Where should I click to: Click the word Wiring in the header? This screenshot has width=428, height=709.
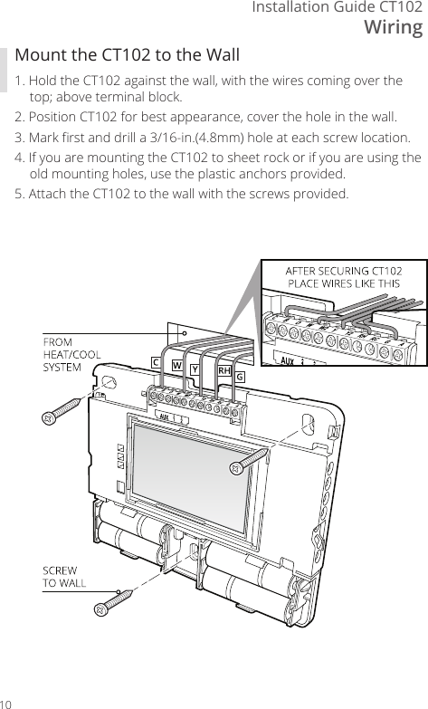click(x=393, y=28)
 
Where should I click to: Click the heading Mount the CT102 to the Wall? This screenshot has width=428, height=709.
click(x=128, y=55)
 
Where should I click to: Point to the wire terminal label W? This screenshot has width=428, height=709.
click(x=176, y=367)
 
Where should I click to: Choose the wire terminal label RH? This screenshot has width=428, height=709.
click(x=224, y=370)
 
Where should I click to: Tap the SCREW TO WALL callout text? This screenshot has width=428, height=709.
click(x=64, y=575)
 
